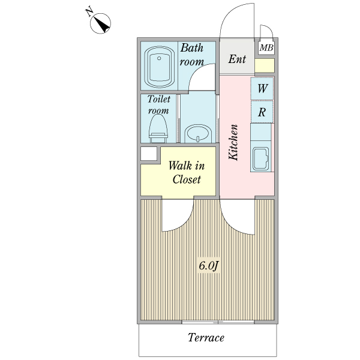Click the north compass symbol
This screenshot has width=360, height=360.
pyautogui.click(x=100, y=23)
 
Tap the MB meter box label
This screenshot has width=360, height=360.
pyautogui.click(x=266, y=48)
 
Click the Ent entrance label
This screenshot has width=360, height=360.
pyautogui.click(x=237, y=59)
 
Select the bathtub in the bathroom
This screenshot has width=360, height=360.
pyautogui.click(x=159, y=67)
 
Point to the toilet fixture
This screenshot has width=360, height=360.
pyautogui.click(x=158, y=129)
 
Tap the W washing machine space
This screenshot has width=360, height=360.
pyautogui.click(x=262, y=89)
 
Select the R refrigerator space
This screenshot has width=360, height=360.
pyautogui.click(x=262, y=112)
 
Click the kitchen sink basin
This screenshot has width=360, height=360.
pyautogui.click(x=261, y=158)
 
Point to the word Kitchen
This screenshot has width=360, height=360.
pyautogui.click(x=233, y=142)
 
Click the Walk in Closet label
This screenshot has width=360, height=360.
pyautogui.click(x=187, y=172)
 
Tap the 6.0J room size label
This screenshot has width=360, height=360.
pyautogui.click(x=208, y=266)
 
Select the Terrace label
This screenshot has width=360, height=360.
pyautogui.click(x=206, y=337)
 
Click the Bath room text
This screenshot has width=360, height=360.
pyautogui.click(x=192, y=55)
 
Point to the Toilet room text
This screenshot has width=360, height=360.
pyautogui.click(x=158, y=104)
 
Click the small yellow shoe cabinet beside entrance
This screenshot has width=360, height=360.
pyautogui.click(x=265, y=65)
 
